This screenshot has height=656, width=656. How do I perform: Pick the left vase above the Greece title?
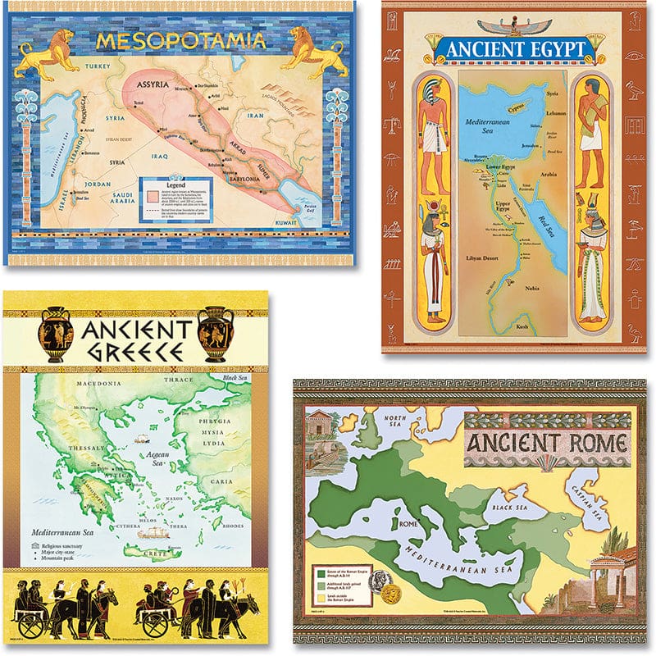(56, 332)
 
